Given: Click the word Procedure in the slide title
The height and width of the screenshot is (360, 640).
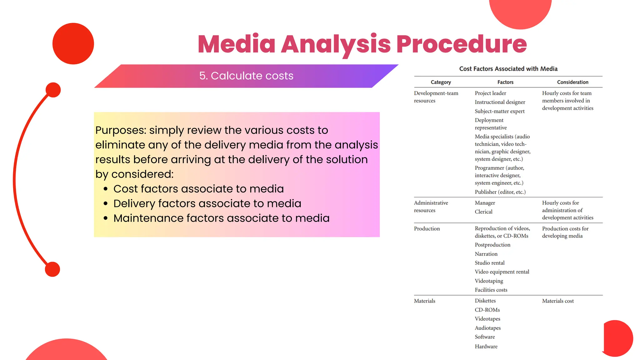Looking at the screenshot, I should (x=461, y=44).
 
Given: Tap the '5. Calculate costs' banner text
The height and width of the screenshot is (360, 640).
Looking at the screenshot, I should (x=246, y=76).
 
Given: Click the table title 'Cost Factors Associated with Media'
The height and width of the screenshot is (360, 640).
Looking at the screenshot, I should (x=508, y=69).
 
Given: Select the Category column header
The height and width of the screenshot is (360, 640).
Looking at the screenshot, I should (x=441, y=82).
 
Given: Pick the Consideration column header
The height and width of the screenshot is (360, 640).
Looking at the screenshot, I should (x=572, y=82).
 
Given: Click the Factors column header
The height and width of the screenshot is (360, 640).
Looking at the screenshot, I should (x=505, y=82).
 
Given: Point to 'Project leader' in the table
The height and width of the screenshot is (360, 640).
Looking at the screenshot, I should (x=490, y=93).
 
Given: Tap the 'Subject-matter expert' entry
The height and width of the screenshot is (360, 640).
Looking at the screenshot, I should (x=499, y=111).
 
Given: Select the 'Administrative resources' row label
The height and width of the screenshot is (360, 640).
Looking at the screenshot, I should (x=431, y=207).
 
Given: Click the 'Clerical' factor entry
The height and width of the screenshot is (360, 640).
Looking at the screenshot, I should (x=483, y=212).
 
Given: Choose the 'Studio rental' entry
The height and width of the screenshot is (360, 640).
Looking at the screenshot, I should (x=489, y=263).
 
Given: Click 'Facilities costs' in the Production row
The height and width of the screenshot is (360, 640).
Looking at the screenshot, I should (x=491, y=290).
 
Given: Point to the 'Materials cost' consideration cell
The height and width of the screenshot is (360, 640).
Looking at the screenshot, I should (x=558, y=301).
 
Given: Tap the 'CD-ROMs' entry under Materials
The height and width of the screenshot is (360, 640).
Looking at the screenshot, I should (x=487, y=310).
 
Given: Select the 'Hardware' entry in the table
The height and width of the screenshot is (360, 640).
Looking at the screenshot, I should (x=486, y=346).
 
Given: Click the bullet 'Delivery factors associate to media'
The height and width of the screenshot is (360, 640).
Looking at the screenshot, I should (x=207, y=203).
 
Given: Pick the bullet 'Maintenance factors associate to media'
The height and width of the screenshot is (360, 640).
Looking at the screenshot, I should (x=221, y=218).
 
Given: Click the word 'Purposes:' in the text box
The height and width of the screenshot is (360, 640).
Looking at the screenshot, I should (x=121, y=130).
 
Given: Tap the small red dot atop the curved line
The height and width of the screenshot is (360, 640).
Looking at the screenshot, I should (x=53, y=90).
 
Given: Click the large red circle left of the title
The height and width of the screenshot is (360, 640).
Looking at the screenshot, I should (x=73, y=44).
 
